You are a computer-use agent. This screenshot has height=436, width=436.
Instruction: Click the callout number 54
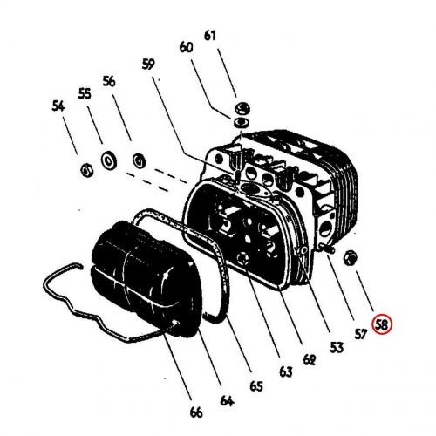[58, 106]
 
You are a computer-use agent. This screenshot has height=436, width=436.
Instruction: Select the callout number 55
[85, 93]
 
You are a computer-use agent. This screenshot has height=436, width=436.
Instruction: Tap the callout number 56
[109, 81]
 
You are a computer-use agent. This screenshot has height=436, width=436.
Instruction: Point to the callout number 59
[148, 65]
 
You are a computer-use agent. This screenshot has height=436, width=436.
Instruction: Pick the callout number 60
[186, 47]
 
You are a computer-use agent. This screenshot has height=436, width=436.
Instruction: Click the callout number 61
[210, 36]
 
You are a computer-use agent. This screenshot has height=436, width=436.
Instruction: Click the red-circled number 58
[383, 324]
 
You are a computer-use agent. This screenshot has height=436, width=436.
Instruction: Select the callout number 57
[361, 335]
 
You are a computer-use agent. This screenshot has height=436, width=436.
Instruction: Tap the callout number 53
[337, 347]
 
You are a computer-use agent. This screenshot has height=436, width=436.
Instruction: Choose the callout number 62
[310, 360]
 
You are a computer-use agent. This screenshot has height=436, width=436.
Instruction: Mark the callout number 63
[286, 371]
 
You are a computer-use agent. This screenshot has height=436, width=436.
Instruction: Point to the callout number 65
[256, 386]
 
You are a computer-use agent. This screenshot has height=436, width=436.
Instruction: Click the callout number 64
[227, 400]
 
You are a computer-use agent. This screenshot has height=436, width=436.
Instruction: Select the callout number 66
[196, 412]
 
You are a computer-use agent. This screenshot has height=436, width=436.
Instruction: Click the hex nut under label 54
[86, 169]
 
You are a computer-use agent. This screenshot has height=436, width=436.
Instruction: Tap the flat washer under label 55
[109, 160]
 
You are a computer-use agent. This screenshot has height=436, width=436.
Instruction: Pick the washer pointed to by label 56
[140, 160]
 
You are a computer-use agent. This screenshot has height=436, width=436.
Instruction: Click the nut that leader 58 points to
[351, 257]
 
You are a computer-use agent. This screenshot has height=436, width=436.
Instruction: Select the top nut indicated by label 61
[242, 109]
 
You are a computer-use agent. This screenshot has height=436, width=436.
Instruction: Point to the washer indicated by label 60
[242, 122]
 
